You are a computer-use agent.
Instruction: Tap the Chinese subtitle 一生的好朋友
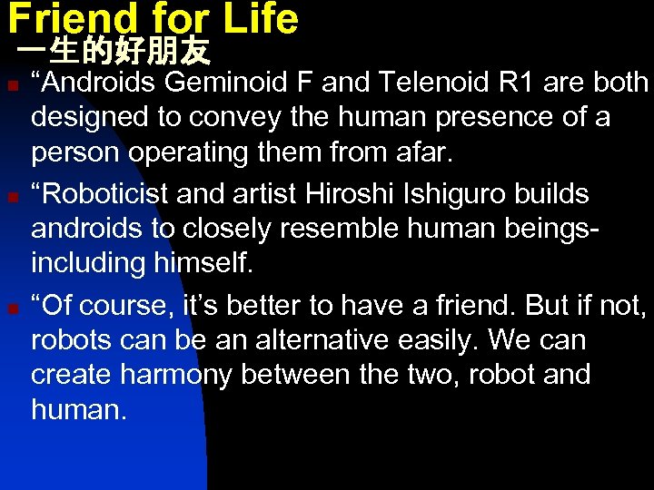114,52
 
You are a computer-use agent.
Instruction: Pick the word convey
235,118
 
